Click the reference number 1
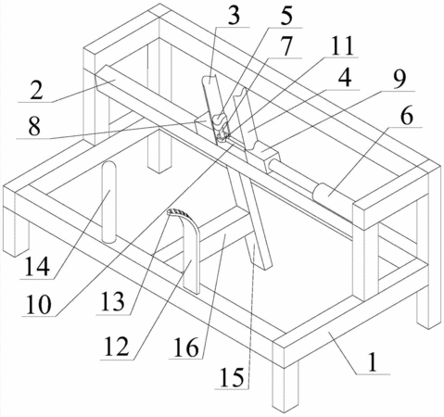coord(373,361)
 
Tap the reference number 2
coord(36,89)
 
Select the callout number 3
coord(234,16)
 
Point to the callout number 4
coord(345,78)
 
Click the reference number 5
coord(286,17)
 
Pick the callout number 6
coord(406,116)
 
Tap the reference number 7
coord(286,47)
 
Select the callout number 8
coord(34,126)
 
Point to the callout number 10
coord(39,305)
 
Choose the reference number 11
coord(341,46)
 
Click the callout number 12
coord(116,347)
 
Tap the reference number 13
coord(112,302)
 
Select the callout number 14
coord(37,267)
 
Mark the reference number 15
coord(232,377)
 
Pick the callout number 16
coord(186,347)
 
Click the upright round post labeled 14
coord(109,202)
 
